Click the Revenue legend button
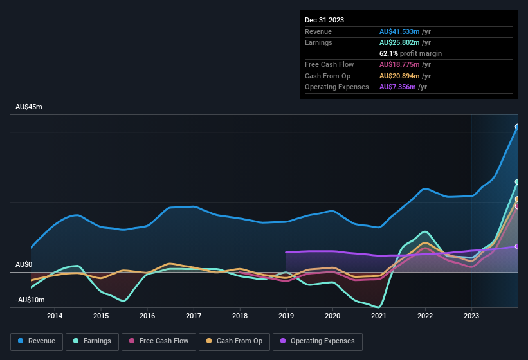pos(37,341)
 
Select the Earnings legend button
pos(93,341)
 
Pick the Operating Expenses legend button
pos(318,341)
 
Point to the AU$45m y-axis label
pos(29,107)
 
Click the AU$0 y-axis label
pos(24,264)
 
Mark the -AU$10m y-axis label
pos(30,300)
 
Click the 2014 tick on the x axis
pos(55,316)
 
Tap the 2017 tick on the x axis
pos(194,316)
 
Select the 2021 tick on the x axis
pos(379,316)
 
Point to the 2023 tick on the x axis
pos(471,316)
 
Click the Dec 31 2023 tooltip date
pos(325,20)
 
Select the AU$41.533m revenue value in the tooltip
pos(399,32)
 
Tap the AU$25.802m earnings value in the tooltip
pos(399,42)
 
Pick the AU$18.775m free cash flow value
pos(399,64)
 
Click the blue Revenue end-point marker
pos(517,127)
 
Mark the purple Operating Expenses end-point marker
pos(517,246)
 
